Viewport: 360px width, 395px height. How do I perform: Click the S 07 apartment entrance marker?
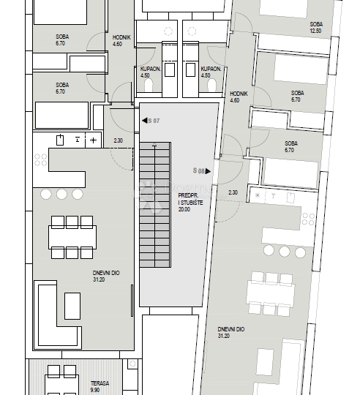(x=151, y=121)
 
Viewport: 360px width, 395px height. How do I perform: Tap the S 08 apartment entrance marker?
(x=202, y=171)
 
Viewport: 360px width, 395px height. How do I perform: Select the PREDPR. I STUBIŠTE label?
(x=190, y=203)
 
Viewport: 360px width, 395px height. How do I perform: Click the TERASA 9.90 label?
(x=100, y=387)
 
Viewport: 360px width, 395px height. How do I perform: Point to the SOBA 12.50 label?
(x=316, y=28)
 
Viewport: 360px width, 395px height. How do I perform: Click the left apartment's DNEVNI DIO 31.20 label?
(x=106, y=276)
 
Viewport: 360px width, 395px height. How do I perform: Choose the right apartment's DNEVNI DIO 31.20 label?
(x=230, y=333)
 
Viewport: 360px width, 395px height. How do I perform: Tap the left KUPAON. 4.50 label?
(x=151, y=72)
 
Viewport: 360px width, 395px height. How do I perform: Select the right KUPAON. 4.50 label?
(x=211, y=72)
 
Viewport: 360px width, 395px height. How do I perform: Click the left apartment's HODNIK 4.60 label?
(x=121, y=40)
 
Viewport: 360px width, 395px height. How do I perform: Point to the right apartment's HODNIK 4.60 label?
(x=239, y=97)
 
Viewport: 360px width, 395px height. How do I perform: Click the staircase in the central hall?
(x=155, y=205)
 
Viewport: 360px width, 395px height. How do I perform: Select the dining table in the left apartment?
(x=72, y=237)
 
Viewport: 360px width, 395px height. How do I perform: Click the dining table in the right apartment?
(x=271, y=294)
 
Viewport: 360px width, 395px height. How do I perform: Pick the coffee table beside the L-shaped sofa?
(x=72, y=306)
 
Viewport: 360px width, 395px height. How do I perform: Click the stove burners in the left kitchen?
(x=40, y=159)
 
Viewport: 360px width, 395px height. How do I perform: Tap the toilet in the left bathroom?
(x=149, y=85)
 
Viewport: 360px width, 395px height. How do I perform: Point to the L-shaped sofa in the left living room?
(x=58, y=315)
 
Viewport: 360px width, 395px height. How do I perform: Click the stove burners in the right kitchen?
(x=308, y=219)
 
